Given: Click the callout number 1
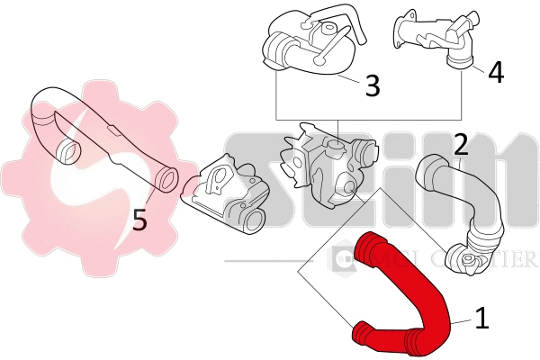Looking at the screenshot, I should click(x=481, y=318).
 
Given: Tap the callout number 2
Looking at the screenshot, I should click(x=460, y=144).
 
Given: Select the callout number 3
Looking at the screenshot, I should click(x=372, y=86).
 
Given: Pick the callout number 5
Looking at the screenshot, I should click(x=139, y=218).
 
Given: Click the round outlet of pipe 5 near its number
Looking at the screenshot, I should click(x=166, y=179).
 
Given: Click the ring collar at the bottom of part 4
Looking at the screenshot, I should click(x=463, y=60).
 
